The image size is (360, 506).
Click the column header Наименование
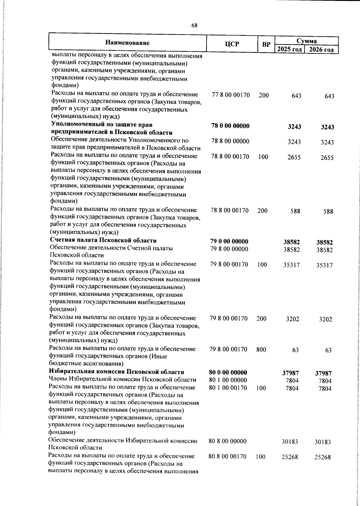(127, 43)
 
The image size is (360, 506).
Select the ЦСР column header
(232, 44)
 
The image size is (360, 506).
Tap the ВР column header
(266, 45)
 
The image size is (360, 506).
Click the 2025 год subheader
(289, 49)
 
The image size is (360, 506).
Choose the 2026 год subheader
(321, 50)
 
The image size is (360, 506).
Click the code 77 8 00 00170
(231, 95)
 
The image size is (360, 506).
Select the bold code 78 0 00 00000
(230, 126)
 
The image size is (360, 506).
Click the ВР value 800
(261, 349)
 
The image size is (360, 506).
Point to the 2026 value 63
(328, 350)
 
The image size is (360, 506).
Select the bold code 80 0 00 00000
(228, 373)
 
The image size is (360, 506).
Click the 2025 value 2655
(294, 158)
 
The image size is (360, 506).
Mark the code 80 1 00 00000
(228, 381)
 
